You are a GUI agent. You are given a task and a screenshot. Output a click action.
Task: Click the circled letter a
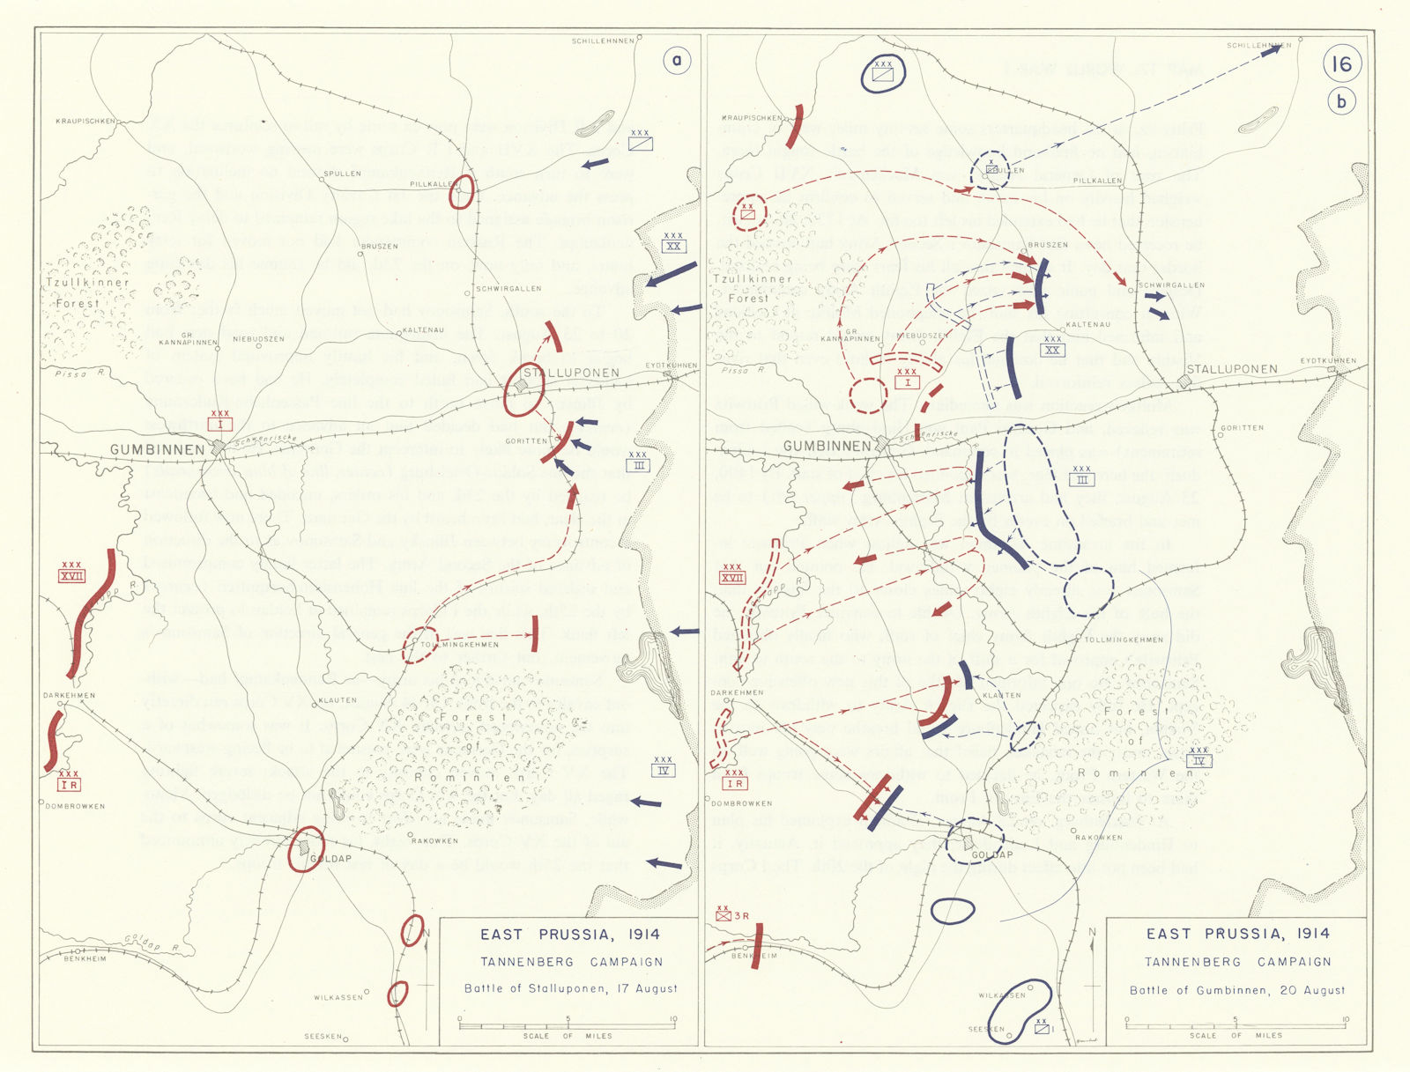point(677,61)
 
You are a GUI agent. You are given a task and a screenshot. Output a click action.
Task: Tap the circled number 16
point(1341,63)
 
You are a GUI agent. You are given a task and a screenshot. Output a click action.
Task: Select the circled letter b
point(1341,101)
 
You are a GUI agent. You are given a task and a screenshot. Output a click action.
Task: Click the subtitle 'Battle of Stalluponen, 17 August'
point(571,988)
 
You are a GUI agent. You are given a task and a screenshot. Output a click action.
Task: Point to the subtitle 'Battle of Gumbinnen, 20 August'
point(1237,990)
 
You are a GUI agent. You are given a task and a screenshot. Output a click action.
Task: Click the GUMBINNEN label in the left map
point(158,450)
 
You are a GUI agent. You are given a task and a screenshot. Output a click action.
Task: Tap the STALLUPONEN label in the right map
point(1231,369)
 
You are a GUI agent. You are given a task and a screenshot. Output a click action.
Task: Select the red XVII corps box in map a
point(71,576)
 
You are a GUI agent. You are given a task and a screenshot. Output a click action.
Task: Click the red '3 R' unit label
point(734,915)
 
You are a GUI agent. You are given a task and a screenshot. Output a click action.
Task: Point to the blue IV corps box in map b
point(1198,761)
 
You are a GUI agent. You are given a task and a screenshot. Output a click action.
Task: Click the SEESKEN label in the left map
point(323,1037)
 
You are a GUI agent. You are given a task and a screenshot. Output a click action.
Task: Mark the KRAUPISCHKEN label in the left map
point(85,122)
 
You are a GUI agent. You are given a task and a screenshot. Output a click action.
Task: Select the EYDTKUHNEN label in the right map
point(1328,360)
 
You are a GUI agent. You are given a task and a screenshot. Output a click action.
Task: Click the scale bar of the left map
point(567,1025)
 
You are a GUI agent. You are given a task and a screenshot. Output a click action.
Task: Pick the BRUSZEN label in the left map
point(380,247)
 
